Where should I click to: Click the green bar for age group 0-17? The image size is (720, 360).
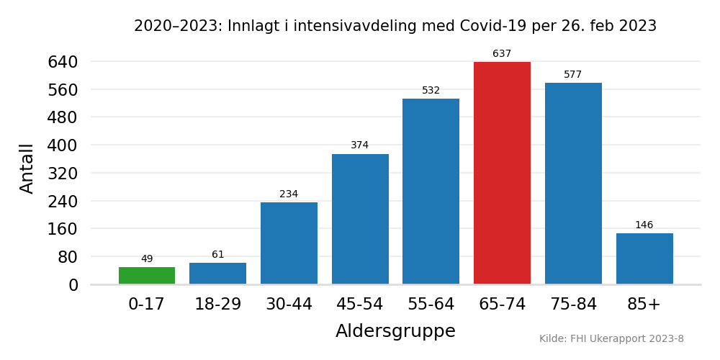[147, 276]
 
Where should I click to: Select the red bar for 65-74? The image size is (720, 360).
[502, 173]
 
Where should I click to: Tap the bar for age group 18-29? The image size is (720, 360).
[217, 274]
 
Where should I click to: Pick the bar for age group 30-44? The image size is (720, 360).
[289, 243]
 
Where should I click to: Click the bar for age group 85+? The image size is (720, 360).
[644, 258]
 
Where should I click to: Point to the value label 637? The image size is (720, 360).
[502, 54]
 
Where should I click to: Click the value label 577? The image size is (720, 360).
[573, 75]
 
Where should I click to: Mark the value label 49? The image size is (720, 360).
[147, 259]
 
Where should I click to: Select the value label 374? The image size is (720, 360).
[360, 145]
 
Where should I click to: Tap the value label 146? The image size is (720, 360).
[644, 225]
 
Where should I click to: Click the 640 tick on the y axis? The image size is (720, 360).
[63, 63]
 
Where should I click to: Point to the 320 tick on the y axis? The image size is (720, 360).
[63, 174]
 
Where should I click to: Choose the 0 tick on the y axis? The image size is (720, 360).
[73, 285]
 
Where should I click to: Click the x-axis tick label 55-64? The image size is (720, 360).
[431, 305]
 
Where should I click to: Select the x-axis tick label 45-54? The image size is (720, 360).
[360, 305]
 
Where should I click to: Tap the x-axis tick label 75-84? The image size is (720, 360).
[573, 305]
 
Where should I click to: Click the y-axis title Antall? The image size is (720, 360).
[27, 168]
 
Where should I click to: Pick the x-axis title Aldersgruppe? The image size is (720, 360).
[395, 331]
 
